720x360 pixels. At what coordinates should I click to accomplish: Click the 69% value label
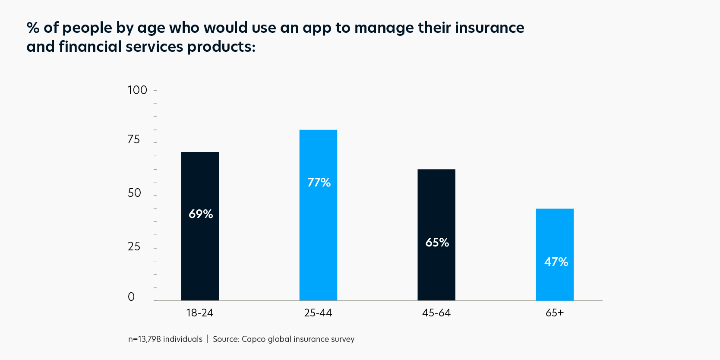[201, 214]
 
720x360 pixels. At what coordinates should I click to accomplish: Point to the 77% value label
[319, 183]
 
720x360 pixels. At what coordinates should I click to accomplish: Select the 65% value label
[437, 243]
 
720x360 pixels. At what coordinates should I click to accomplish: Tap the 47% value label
[556, 262]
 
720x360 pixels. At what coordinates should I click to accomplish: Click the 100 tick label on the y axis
[137, 90]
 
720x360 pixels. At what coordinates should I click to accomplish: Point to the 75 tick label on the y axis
[134, 139]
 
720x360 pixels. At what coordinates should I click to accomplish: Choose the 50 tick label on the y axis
[134, 193]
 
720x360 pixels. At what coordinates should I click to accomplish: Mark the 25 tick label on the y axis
[134, 246]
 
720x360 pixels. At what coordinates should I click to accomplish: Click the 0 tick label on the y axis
[131, 297]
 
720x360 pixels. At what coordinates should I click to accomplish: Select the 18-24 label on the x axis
[199, 313]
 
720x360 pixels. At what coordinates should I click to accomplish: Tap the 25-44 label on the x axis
[318, 313]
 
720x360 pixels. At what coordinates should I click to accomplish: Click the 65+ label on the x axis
[555, 313]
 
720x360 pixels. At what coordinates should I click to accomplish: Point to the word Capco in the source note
[253, 339]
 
